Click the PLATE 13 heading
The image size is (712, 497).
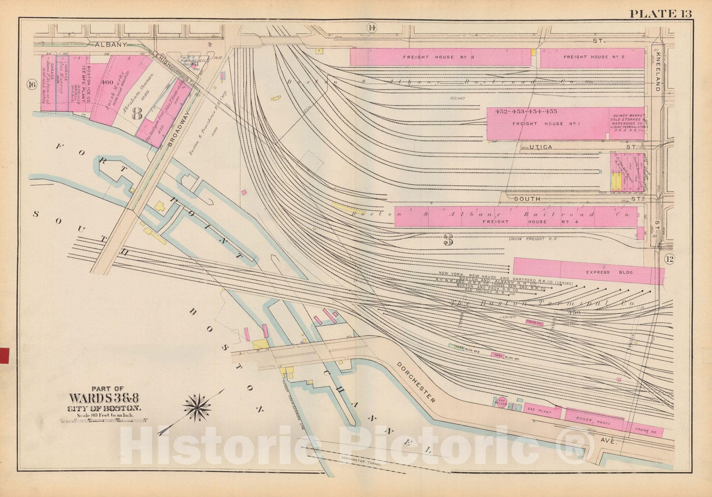[660, 13]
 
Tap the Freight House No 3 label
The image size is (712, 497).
[426, 57]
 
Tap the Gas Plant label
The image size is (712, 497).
[539, 412]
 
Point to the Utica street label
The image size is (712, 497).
[541, 147]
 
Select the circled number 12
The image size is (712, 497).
[669, 259]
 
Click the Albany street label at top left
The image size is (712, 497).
[111, 44]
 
